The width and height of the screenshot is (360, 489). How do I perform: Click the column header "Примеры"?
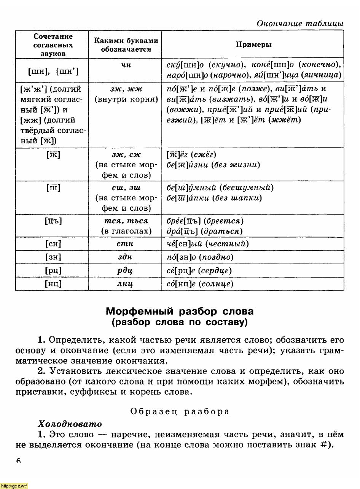pos(253,44)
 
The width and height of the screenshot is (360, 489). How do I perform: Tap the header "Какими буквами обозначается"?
pos(126,45)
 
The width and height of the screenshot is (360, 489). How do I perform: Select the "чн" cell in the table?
pos(126,65)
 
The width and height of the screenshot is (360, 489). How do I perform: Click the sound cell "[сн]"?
pos(53,244)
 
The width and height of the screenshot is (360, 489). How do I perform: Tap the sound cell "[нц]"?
pos(53,284)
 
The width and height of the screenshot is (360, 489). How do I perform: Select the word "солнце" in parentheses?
pos(217,284)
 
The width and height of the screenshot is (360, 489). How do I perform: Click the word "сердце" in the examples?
pos(217,271)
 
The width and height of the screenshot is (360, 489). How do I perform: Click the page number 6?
pos(19,461)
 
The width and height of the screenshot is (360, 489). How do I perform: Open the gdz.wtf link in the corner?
pos(14,486)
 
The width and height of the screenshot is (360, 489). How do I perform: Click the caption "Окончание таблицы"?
pos(300,24)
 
